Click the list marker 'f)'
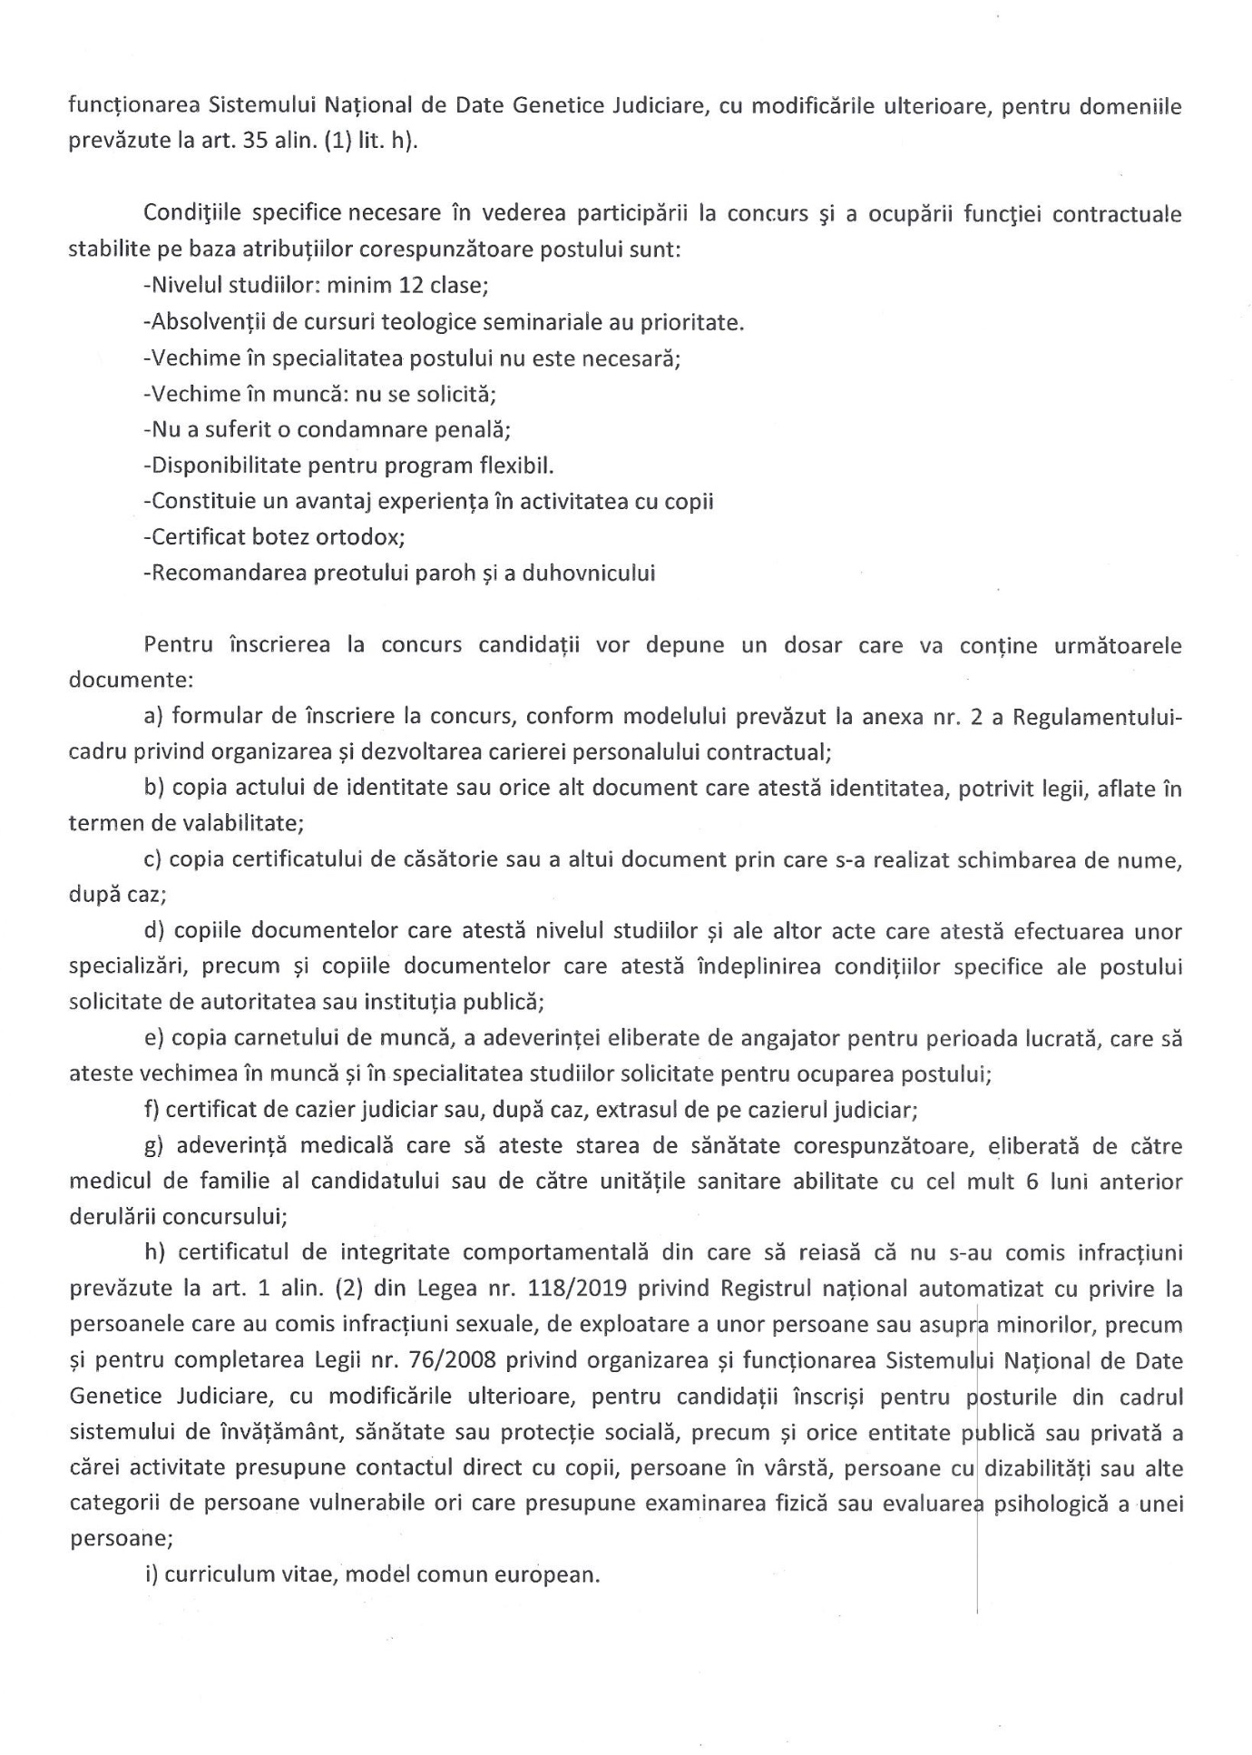[x=151, y=1110]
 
